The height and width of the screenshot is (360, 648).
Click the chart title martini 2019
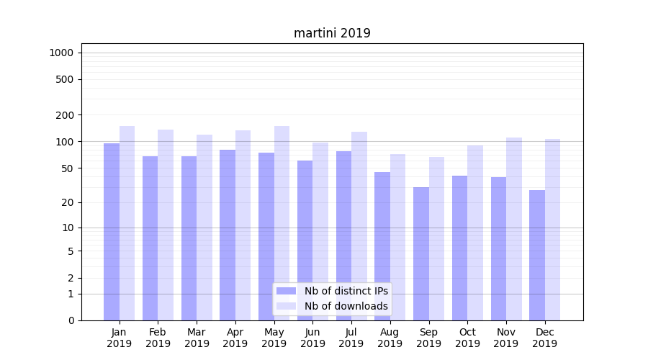pyautogui.click(x=332, y=33)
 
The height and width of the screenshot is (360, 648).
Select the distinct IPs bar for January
pyautogui.click(x=112, y=232)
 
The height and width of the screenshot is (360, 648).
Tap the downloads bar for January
pyautogui.click(x=127, y=223)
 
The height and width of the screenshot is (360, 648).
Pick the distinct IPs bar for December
pyautogui.click(x=537, y=255)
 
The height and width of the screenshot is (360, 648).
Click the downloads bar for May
pyautogui.click(x=282, y=223)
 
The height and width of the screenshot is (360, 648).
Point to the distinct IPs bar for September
pyautogui.click(x=421, y=253)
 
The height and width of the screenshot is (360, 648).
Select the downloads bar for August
pyautogui.click(x=398, y=237)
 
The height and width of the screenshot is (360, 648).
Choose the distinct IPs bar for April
pyautogui.click(x=228, y=235)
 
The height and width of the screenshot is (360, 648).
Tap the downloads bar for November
pyautogui.click(x=514, y=229)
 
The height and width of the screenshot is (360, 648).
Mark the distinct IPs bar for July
pyautogui.click(x=343, y=235)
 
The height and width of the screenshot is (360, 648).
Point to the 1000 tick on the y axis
pyautogui.click(x=61, y=53)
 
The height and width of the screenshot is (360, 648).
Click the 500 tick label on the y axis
pyautogui.click(x=65, y=79)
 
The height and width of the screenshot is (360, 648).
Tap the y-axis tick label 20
pyautogui.click(x=68, y=202)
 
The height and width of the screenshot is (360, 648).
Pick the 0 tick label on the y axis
pyautogui.click(x=71, y=320)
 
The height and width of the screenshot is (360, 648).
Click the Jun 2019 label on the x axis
pyautogui.click(x=312, y=338)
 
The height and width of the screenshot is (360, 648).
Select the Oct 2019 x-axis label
pyautogui.click(x=467, y=338)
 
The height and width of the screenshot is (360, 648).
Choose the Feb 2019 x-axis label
pyautogui.click(x=158, y=338)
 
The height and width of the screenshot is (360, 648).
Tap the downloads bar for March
pyautogui.click(x=204, y=228)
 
